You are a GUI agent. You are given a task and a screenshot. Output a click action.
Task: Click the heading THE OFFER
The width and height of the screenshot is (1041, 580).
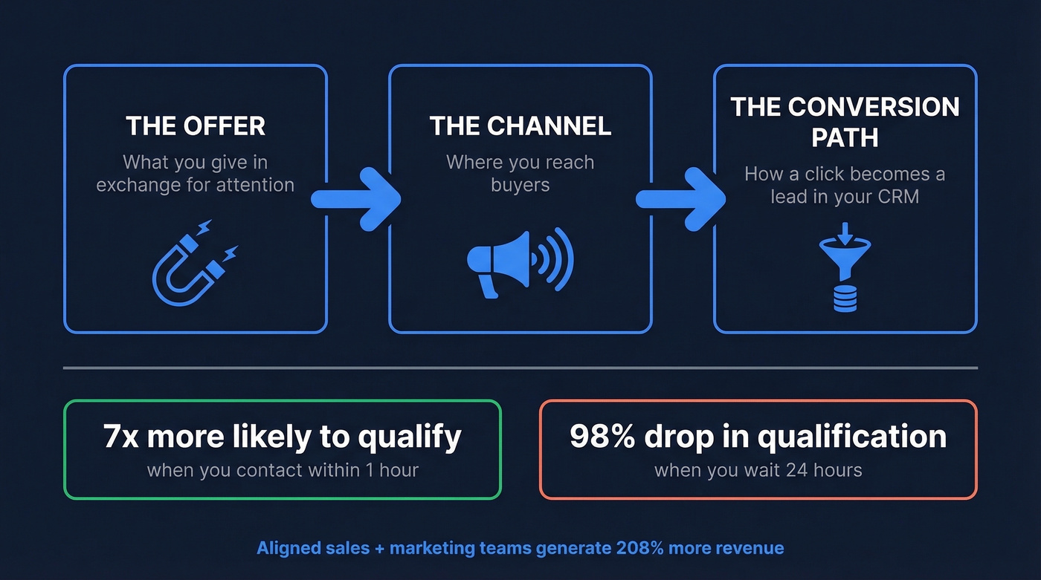pos(195,126)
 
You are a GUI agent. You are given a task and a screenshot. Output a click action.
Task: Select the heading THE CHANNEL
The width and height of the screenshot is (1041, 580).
pos(520,126)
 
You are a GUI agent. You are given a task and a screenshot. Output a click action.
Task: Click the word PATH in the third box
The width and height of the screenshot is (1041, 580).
pos(845,138)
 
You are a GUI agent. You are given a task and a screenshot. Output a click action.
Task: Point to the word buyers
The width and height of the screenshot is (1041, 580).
pos(520,185)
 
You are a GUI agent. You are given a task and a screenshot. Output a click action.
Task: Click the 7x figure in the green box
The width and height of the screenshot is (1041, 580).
pos(121,437)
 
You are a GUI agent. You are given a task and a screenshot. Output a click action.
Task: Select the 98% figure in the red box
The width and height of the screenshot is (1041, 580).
pos(599,437)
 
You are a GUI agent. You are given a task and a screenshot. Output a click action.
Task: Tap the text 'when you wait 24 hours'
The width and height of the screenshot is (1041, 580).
pos(758,470)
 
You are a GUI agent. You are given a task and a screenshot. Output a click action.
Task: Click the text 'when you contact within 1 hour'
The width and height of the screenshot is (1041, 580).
pos(283,470)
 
